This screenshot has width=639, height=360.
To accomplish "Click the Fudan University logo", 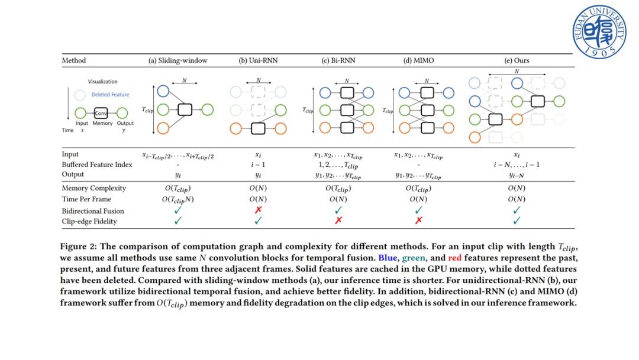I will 599,32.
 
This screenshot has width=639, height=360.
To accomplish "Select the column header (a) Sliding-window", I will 177,60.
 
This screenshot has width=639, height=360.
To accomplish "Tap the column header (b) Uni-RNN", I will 258,60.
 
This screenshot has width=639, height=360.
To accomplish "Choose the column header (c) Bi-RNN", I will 338,60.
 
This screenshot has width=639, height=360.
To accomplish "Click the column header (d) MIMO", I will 418,60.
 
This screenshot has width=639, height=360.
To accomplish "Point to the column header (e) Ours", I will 517,60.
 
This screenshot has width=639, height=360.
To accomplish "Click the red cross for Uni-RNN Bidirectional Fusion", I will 258,210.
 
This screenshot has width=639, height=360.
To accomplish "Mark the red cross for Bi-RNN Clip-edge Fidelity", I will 338,221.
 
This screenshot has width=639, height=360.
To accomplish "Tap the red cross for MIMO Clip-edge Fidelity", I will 418,221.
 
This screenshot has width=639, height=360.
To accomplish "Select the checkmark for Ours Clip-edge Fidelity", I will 517,221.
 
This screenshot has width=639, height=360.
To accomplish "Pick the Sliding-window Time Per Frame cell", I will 177,200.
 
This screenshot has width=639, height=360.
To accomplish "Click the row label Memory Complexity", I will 94,188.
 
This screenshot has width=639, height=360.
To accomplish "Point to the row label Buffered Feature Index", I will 96,165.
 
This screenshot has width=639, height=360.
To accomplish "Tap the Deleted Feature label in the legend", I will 110,95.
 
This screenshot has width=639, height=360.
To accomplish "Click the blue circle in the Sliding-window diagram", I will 163,91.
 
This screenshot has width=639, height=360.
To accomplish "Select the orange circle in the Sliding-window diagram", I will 163,127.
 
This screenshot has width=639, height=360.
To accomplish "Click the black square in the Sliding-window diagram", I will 185,110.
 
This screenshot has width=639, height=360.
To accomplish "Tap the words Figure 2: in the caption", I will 78,247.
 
